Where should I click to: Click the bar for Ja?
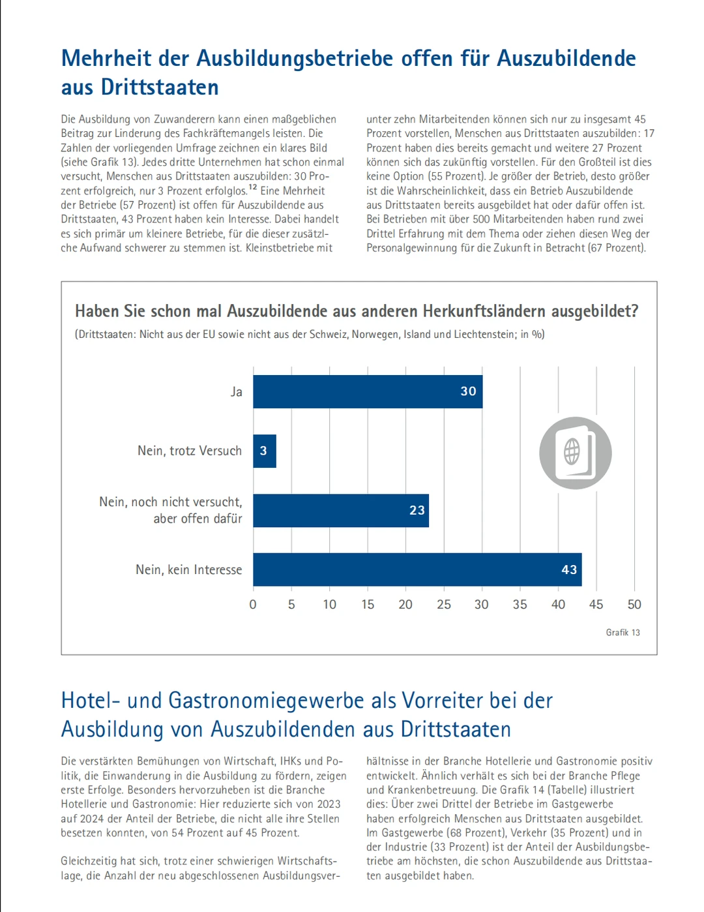[368, 391]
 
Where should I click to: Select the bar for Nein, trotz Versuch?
[265, 451]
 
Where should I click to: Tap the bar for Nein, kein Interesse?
[417, 570]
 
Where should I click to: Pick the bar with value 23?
[341, 510]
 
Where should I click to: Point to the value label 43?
[569, 570]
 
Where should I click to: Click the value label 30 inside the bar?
[468, 391]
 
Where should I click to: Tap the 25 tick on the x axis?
[444, 605]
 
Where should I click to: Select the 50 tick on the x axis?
[634, 605]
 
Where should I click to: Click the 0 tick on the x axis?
[253, 605]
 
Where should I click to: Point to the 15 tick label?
[368, 605]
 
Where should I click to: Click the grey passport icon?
[575, 453]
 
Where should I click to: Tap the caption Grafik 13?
[623, 632]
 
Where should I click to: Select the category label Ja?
[236, 391]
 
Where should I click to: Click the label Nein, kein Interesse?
[188, 570]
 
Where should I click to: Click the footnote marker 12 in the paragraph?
[253, 188]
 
